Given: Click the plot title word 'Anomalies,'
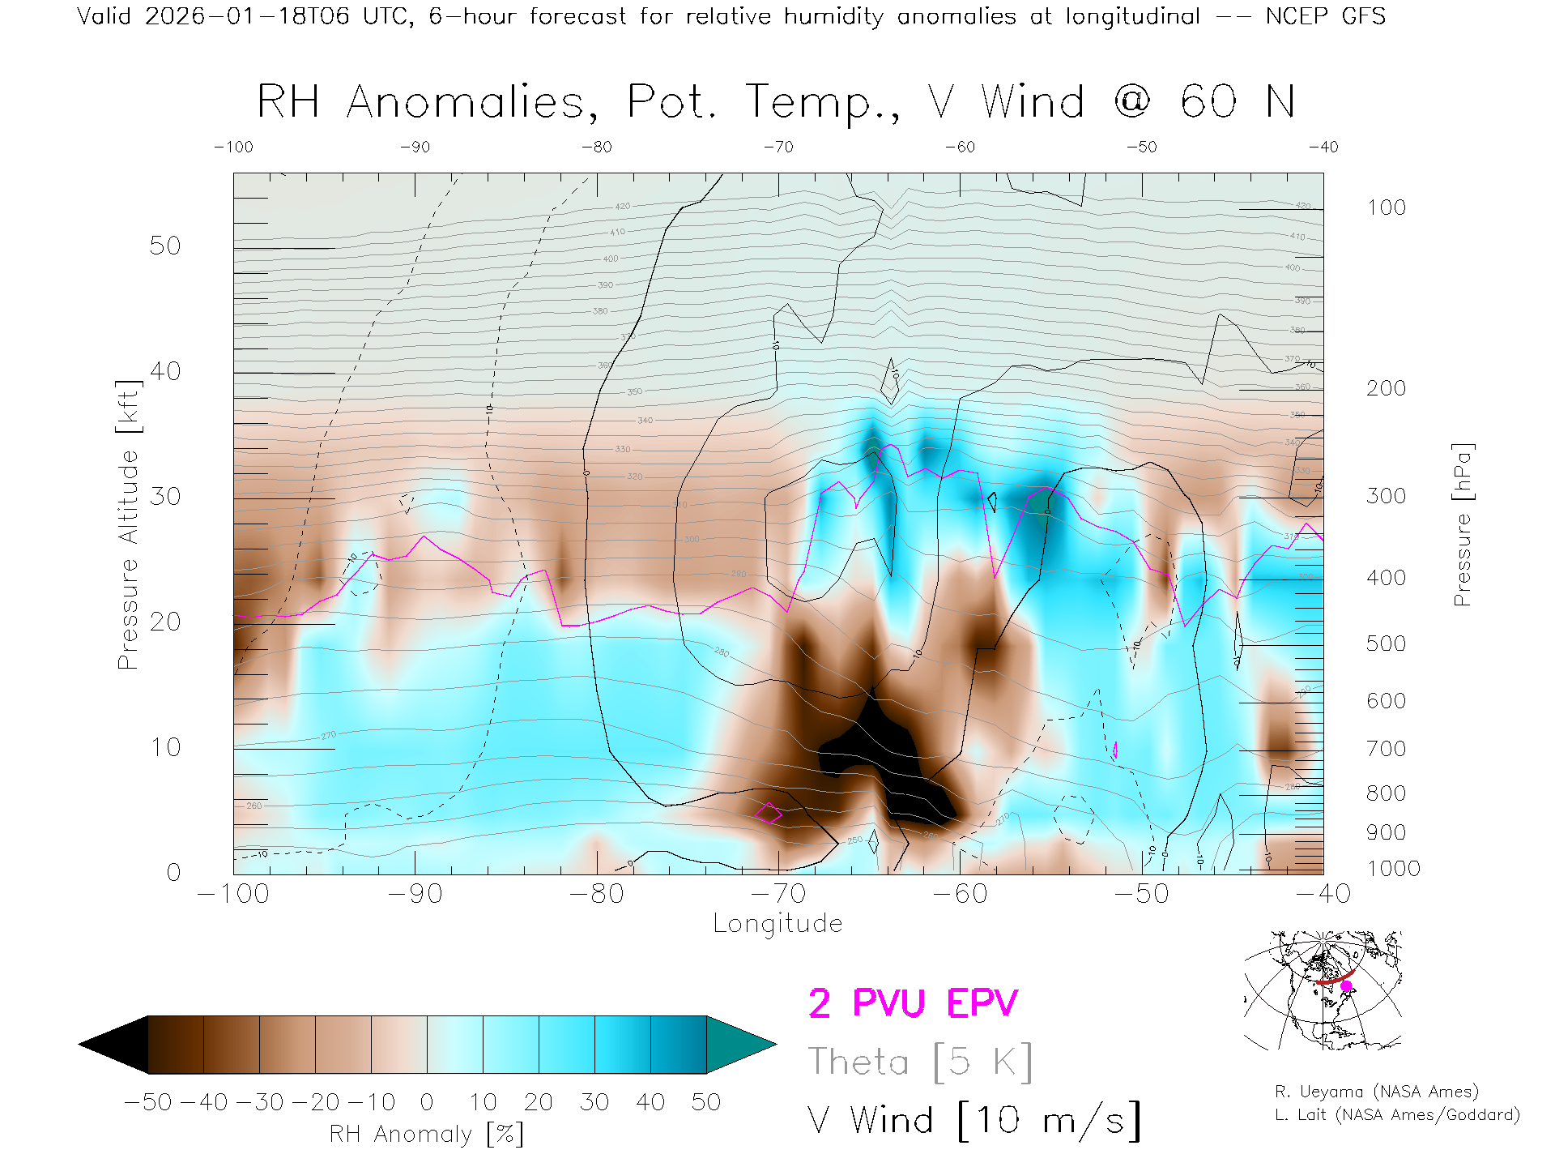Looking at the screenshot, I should (472, 103).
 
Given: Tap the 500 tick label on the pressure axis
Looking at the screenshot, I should (1386, 643).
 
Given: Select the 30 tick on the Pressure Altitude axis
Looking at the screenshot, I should (165, 496).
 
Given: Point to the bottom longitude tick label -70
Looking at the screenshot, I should (778, 893).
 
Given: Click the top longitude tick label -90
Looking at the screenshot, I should (415, 147).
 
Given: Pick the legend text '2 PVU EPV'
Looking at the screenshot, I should (913, 1003).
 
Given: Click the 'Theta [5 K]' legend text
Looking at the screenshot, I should (920, 1062).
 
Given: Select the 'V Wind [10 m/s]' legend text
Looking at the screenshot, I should (973, 1121).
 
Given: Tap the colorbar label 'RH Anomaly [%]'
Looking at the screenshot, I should (426, 1134).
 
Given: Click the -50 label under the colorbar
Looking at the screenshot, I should (148, 1102).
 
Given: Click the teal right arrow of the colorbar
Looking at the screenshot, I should (739, 1045).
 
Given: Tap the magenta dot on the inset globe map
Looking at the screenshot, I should (1346, 986).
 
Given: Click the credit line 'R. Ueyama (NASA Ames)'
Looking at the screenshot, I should (1376, 1092).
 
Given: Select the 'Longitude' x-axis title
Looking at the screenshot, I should (777, 924).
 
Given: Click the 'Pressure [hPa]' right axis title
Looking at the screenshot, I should (1463, 524).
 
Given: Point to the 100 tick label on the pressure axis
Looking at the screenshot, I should (1386, 207).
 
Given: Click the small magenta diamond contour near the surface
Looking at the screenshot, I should (769, 812).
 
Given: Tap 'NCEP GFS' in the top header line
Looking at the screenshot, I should (1325, 16).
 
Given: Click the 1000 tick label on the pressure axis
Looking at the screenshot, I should (1393, 869).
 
